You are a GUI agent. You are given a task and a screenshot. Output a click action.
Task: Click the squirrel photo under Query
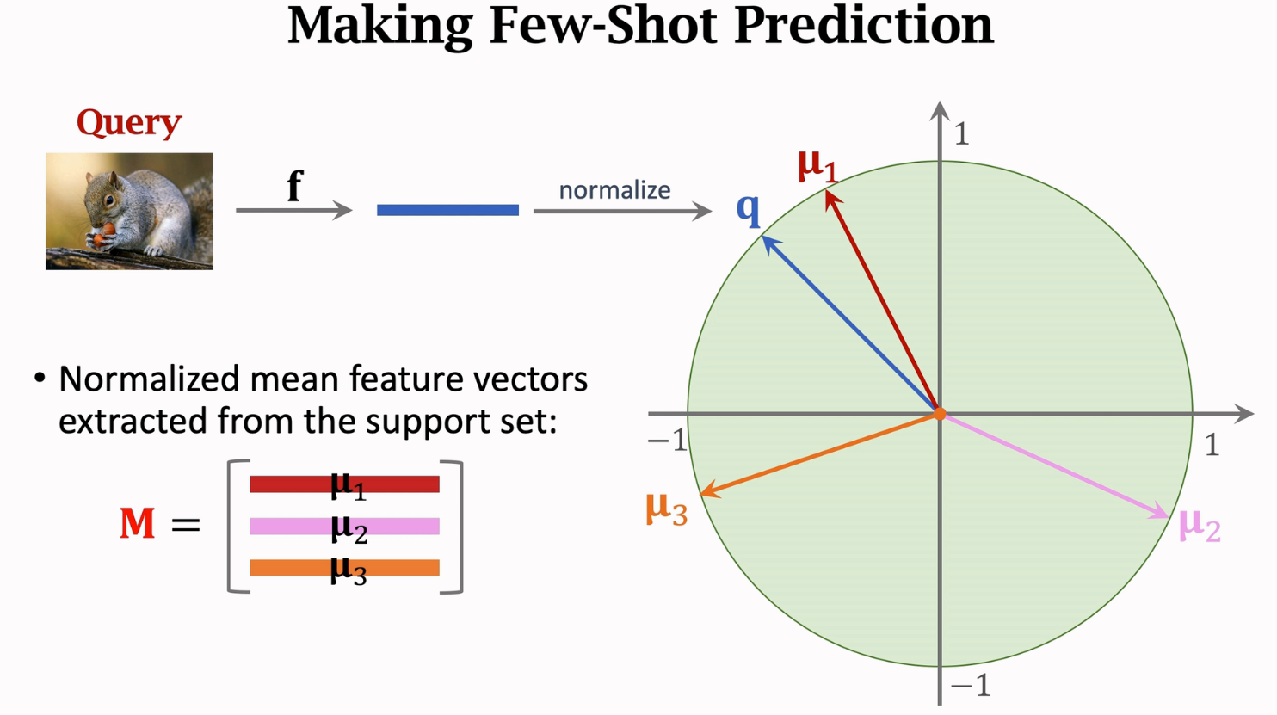click(129, 211)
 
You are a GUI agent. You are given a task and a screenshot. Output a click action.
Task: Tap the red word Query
click(129, 123)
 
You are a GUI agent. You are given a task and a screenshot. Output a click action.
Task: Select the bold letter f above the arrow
click(294, 185)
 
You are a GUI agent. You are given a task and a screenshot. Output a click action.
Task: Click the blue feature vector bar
click(447, 210)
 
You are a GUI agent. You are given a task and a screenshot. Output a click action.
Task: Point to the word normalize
click(614, 190)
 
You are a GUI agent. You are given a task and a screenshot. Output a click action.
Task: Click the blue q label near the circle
click(749, 209)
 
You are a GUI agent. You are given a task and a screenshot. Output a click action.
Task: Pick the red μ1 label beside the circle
click(817, 164)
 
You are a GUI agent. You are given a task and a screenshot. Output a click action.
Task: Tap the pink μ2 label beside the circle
click(1199, 524)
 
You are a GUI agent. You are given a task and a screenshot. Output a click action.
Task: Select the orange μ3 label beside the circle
click(666, 509)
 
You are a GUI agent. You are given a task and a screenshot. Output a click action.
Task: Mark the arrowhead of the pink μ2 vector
click(1162, 513)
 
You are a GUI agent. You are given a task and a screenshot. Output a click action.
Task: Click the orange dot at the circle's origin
click(940, 414)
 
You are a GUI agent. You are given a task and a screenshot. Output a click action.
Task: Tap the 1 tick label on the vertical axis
click(961, 134)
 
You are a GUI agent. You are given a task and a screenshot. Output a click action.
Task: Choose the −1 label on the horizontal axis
click(667, 441)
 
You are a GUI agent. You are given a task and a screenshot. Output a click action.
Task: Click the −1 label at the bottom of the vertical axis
click(970, 686)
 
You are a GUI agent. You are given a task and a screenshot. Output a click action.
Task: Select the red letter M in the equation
click(137, 523)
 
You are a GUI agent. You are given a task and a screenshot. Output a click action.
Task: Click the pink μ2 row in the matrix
click(344, 527)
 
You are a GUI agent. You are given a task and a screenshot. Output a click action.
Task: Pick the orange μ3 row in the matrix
click(344, 568)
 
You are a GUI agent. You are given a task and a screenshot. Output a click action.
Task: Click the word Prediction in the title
click(863, 26)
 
